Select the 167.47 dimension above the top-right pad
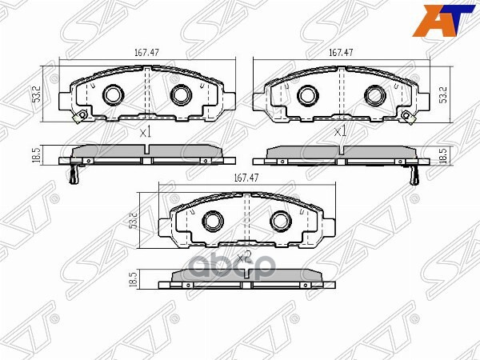tap(341, 54)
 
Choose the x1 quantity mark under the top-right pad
tap(340, 131)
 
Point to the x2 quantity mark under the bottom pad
tap(244, 257)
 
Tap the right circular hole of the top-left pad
tap(178, 95)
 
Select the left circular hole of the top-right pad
tap(307, 95)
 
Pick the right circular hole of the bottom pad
tap(279, 220)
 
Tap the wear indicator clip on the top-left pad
tap(78, 119)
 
